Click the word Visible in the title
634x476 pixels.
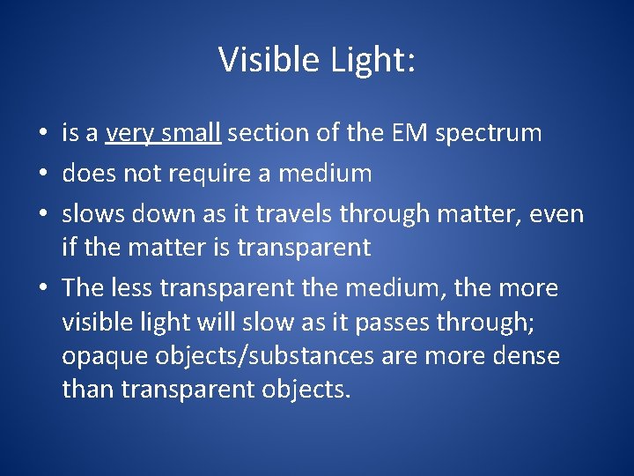[269, 59]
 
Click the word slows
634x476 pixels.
[92, 212]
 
